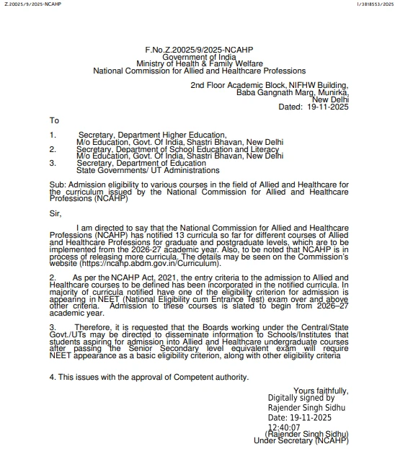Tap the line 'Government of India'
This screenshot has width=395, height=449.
[x=199, y=56]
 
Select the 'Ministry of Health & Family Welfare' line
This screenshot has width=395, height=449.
[x=199, y=63]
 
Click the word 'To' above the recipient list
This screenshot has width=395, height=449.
[x=54, y=120]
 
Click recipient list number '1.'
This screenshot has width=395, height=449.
[x=53, y=135]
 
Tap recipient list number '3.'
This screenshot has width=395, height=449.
[x=53, y=163]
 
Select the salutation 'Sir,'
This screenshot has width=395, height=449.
[x=56, y=213]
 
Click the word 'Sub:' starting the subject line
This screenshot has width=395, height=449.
[x=58, y=185]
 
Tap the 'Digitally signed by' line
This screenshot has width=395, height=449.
[x=301, y=398]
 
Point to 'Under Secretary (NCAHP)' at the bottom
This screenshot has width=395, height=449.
[x=301, y=440]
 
